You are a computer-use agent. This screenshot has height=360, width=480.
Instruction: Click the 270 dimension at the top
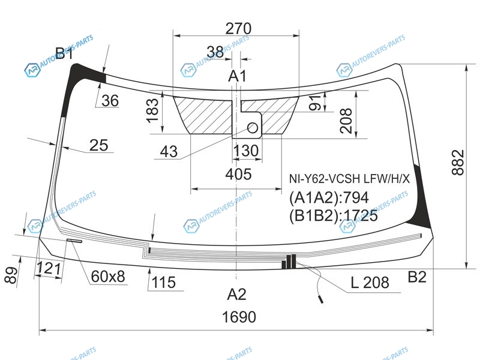coord(238,28)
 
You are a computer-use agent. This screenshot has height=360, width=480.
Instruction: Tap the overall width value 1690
coord(239,317)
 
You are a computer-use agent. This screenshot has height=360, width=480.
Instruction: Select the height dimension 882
coord(458,162)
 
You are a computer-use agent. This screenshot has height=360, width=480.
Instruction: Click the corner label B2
coord(417,277)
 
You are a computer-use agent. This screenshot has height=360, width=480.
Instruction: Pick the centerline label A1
coord(237,76)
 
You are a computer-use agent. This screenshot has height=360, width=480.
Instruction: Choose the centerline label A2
coord(236,295)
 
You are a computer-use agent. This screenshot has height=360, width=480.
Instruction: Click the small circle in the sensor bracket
coord(253,128)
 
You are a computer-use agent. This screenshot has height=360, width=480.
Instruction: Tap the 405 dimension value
coord(238,174)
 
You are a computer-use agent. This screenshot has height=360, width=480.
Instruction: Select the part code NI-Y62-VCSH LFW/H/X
coord(349,179)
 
